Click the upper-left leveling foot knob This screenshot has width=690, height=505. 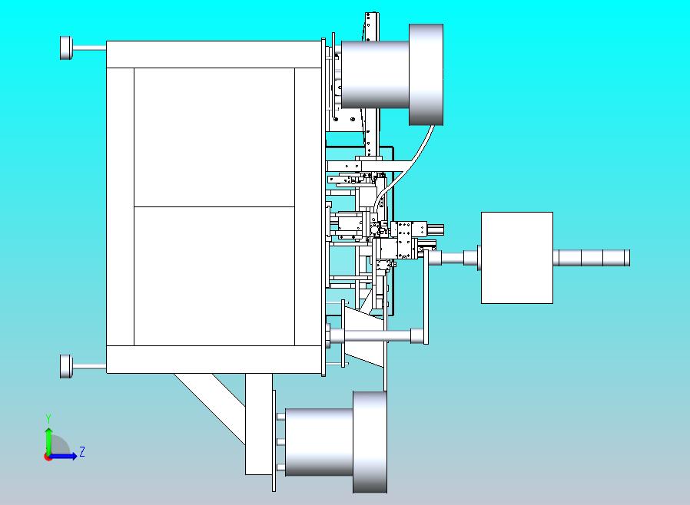65,48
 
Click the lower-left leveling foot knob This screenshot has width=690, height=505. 65,366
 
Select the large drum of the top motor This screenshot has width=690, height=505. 426,74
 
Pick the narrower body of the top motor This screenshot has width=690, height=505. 374,74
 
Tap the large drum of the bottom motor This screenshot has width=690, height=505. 370,441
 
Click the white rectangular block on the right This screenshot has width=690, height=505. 516,257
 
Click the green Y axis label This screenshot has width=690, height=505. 48,418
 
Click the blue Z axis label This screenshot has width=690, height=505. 82,452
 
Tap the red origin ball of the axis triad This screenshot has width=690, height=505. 48,456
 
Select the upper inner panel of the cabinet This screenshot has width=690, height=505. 214,137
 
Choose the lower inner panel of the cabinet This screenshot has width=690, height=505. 214,276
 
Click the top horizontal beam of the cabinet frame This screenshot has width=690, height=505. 213,54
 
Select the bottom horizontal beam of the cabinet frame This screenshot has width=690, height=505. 213,359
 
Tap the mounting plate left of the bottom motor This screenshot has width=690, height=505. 274,441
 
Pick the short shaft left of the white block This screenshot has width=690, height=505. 453,258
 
